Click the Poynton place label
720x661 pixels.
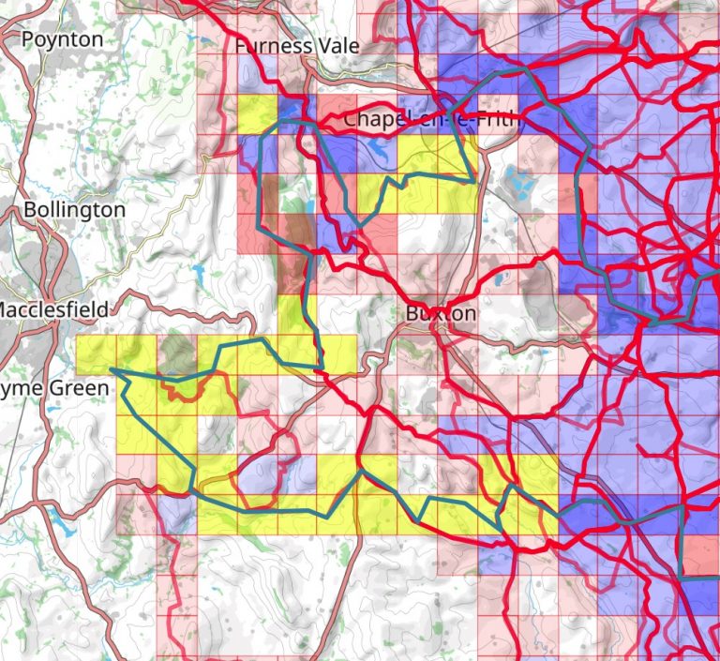[x=62, y=39]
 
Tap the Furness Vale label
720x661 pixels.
[x=286, y=45]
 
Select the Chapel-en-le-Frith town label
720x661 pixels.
[x=431, y=119]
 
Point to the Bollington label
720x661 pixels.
[x=74, y=209]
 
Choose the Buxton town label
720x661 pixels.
[x=441, y=313]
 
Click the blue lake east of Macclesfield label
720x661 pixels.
[x=199, y=275]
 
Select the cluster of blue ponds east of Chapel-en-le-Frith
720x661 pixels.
[x=517, y=183]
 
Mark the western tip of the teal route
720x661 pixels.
[x=111, y=369]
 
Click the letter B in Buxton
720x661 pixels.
[x=412, y=313]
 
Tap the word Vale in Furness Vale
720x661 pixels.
[x=316, y=45]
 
